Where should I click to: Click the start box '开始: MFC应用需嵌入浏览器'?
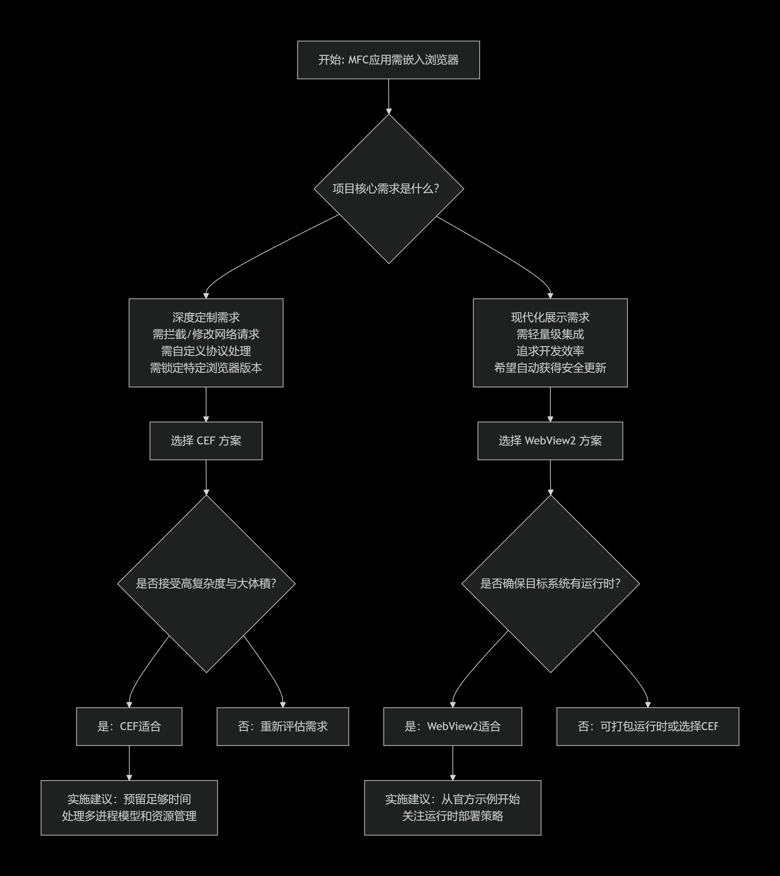[x=388, y=60]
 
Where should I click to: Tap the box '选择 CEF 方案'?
[x=206, y=441]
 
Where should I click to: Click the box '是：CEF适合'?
[x=129, y=726]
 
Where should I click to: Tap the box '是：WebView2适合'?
[x=453, y=726]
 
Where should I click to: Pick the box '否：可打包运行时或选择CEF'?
[x=648, y=726]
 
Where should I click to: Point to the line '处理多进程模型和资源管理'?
[x=129, y=816]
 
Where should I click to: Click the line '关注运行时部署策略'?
[x=453, y=816]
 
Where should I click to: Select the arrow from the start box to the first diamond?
[x=389, y=96]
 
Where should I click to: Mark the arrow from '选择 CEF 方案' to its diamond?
[x=206, y=477]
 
